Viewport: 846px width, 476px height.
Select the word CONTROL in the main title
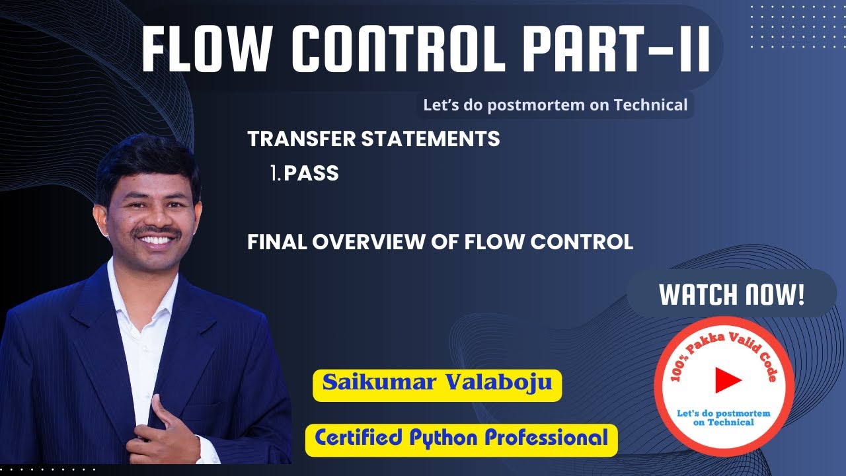click(x=393, y=52)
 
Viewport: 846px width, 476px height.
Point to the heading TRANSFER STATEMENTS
click(x=373, y=139)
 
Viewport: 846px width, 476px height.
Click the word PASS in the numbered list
click(x=311, y=174)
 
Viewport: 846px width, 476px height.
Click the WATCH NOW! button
click(x=732, y=294)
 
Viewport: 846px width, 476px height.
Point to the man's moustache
click(x=157, y=232)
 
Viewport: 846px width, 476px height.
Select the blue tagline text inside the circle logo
click(x=724, y=417)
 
